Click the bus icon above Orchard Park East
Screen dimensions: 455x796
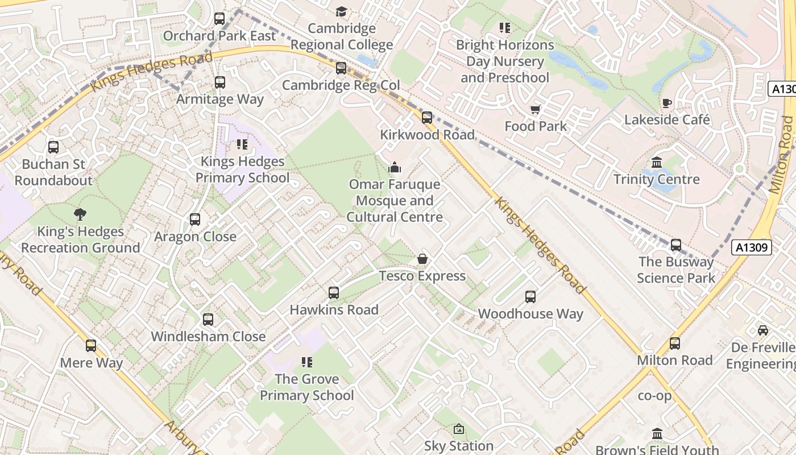219,19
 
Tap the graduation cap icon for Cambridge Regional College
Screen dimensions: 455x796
341,11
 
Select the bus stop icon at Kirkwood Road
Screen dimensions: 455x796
427,118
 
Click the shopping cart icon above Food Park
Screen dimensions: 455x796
535,109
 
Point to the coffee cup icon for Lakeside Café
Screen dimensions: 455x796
667,103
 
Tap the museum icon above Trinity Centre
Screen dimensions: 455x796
657,163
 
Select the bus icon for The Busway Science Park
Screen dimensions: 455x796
676,245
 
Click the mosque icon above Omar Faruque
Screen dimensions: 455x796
394,167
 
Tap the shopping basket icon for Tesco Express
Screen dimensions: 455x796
422,259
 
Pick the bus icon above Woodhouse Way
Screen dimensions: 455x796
530,297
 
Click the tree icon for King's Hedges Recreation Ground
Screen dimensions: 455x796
80,214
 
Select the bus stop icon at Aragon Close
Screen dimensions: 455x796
195,220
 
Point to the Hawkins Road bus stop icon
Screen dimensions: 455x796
334,293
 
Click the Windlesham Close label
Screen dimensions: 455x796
208,336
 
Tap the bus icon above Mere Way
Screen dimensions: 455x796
91,346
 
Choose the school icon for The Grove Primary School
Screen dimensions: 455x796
307,362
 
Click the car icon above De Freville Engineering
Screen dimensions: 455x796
763,330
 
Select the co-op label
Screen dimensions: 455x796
654,395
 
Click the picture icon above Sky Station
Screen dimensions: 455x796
459,429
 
